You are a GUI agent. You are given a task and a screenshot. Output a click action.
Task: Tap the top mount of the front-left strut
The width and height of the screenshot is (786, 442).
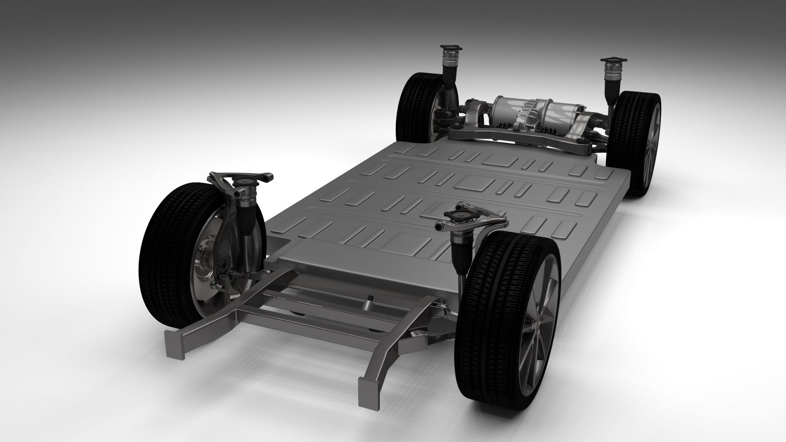242,182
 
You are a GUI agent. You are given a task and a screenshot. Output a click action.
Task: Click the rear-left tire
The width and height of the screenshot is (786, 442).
413,106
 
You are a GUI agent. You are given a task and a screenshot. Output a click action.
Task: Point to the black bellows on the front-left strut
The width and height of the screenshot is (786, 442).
250,217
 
